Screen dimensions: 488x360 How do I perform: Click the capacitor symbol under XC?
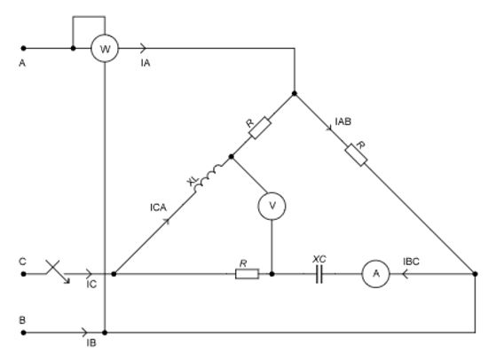[x=319, y=274]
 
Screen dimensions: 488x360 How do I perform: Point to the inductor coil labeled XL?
[x=208, y=176]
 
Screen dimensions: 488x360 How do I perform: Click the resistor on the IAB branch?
[x=356, y=154]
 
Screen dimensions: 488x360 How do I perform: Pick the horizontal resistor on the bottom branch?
[x=247, y=274]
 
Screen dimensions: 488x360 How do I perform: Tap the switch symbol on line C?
[x=58, y=271]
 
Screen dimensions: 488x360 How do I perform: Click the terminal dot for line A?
[x=23, y=48]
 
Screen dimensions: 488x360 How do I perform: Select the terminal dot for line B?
[x=23, y=333]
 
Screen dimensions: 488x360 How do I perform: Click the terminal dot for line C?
[x=23, y=274]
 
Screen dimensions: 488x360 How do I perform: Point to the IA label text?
[x=146, y=63]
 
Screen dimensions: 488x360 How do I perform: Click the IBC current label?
[x=411, y=262]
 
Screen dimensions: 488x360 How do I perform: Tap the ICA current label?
[x=158, y=207]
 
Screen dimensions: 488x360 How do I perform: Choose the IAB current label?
[x=343, y=121]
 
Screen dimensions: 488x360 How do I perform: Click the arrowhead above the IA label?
[x=143, y=48]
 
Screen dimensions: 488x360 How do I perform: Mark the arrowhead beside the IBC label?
[x=405, y=274]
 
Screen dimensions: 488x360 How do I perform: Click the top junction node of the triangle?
[x=295, y=93]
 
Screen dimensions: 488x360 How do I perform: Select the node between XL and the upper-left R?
[x=231, y=157]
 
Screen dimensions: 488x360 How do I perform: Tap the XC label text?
[x=319, y=259]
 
